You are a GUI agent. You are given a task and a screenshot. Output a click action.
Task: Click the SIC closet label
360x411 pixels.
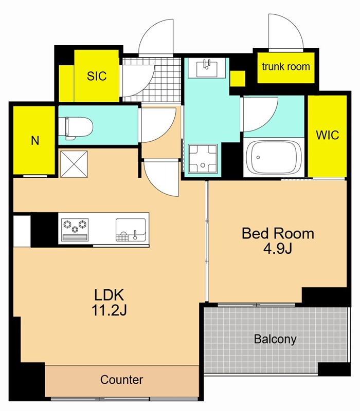97,76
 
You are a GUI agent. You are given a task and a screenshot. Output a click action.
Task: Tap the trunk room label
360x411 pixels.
286,67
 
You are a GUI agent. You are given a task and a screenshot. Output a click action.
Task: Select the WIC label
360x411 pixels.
327,135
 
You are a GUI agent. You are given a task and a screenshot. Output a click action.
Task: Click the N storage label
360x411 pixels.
35,141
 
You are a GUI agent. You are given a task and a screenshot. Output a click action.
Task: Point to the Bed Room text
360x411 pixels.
278,233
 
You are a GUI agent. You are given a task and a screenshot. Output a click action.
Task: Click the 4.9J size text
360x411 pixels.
278,249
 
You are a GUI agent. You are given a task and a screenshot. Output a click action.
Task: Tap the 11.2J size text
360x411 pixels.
109,310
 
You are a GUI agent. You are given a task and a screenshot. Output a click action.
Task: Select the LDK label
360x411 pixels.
109,295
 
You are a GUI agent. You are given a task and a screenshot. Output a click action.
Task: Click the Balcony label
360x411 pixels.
275,339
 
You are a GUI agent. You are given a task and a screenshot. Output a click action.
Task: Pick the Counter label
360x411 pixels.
121,380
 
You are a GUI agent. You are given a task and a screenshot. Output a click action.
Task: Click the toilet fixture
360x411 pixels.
76,128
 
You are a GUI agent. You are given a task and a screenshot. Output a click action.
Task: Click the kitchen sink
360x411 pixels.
131,230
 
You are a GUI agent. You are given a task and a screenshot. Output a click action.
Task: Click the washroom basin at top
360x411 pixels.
207,68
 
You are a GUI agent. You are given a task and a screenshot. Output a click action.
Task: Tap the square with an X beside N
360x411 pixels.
74,164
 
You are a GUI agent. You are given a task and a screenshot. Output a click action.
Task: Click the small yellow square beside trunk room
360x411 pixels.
238,79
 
